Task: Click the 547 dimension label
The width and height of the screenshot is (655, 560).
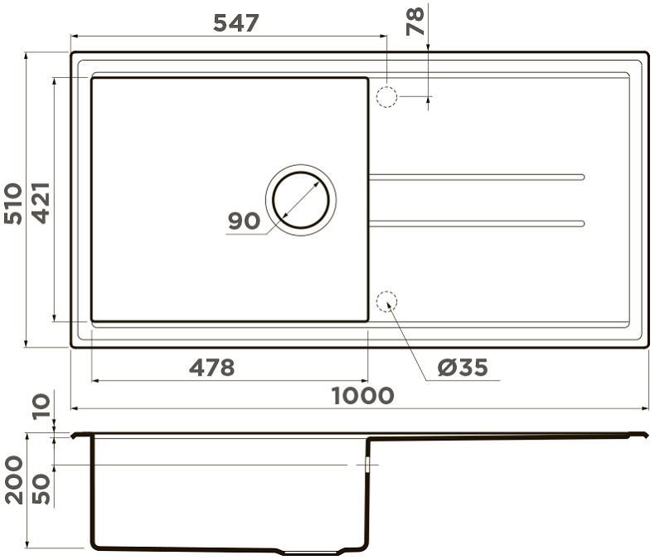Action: click(x=236, y=22)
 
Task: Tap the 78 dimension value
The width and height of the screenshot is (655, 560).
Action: click(x=415, y=21)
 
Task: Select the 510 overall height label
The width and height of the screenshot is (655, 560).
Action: click(x=12, y=203)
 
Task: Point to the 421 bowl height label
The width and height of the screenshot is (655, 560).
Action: click(x=41, y=203)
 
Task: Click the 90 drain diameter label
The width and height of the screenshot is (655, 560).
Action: click(x=244, y=221)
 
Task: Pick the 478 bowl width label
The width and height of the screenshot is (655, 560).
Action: click(x=211, y=368)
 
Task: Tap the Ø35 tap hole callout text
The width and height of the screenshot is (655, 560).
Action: click(x=463, y=368)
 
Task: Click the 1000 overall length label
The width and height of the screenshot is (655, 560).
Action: click(x=362, y=396)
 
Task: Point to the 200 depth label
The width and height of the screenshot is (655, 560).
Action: click(x=14, y=480)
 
